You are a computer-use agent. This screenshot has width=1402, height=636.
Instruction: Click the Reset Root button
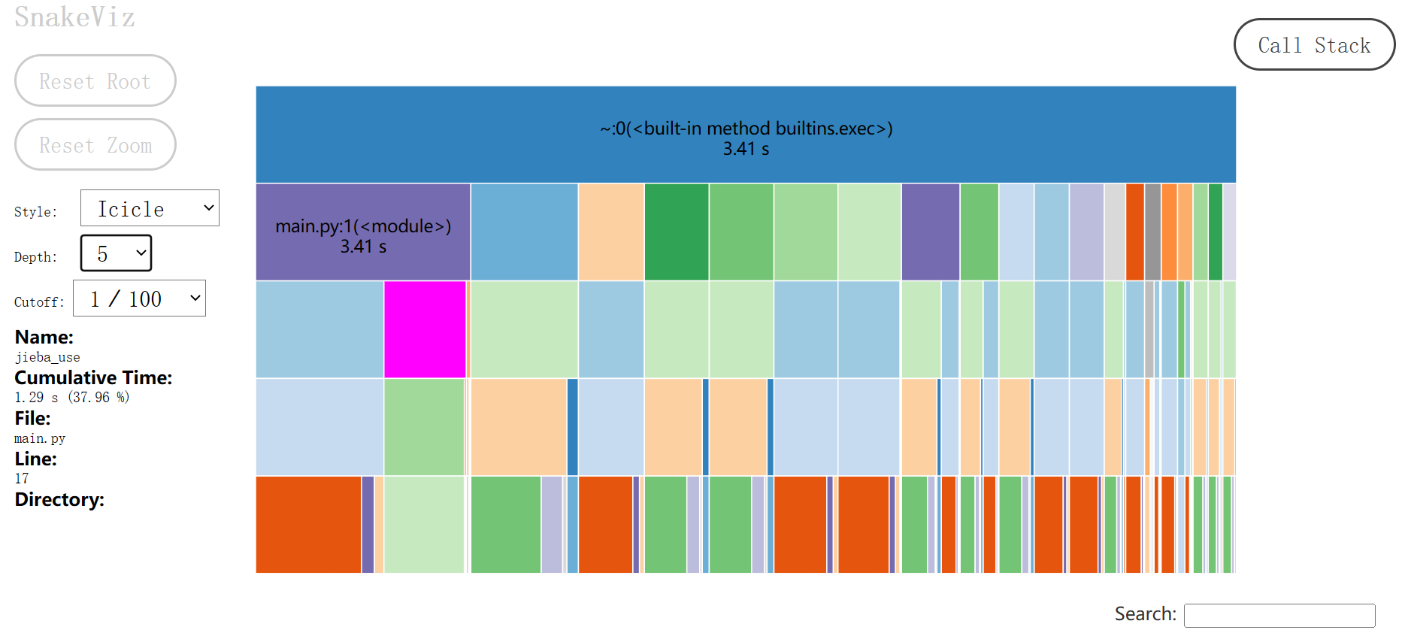tap(95, 80)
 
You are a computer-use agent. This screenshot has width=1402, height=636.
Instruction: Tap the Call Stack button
tap(1314, 45)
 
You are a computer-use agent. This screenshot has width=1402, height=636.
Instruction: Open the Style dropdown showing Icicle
tap(150, 208)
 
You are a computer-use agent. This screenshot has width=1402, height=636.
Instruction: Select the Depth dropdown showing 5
tap(116, 253)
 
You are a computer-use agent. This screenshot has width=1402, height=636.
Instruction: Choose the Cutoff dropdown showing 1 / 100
tap(139, 298)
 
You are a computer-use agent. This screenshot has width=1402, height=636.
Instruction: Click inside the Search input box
tap(1279, 615)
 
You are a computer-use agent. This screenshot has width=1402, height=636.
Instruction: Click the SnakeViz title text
tap(74, 17)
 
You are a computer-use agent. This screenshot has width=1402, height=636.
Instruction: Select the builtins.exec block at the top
tap(745, 135)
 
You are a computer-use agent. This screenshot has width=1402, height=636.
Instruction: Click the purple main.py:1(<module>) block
tap(363, 232)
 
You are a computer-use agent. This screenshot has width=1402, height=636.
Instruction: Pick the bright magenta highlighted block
tap(425, 329)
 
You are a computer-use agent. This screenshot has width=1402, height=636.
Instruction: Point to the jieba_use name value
tap(47, 357)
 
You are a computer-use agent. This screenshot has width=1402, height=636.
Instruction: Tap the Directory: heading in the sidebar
tap(59, 499)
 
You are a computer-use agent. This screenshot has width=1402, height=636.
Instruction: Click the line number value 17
tap(22, 478)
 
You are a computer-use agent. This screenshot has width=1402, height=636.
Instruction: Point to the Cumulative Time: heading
tap(93, 377)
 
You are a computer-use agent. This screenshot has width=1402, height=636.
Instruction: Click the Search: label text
tap(1145, 614)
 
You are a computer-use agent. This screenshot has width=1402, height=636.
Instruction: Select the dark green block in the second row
tap(676, 232)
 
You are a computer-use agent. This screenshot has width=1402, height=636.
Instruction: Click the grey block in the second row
tap(1152, 232)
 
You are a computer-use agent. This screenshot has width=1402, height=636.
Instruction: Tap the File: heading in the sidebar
tap(32, 418)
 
